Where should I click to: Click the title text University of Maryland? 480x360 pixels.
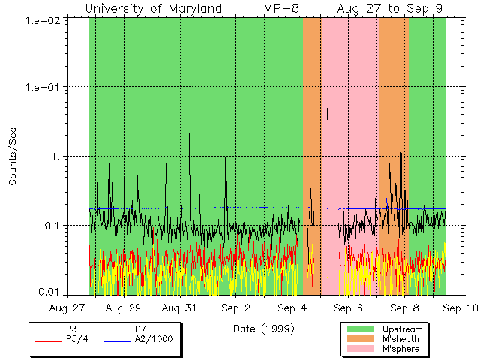pos(154,8)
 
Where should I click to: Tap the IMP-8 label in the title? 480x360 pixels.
pos(280,8)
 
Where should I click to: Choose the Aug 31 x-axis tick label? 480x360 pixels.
pos(180,307)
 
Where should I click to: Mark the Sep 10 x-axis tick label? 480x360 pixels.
pos(460,307)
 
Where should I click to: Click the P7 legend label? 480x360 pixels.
pos(141,329)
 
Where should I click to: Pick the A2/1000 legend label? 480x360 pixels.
pos(153,339)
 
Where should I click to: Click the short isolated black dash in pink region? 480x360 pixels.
pos(327,113)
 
